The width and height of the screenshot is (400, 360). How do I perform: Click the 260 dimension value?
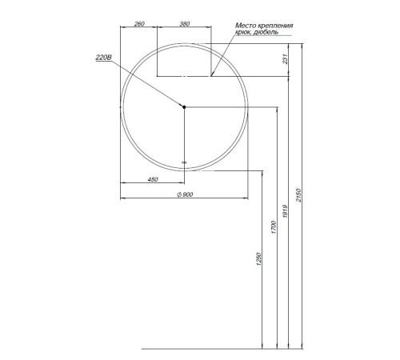139,24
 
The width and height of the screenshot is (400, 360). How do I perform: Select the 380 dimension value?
185,24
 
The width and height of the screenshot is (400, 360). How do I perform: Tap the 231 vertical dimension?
285,59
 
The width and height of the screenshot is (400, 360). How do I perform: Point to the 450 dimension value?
153,179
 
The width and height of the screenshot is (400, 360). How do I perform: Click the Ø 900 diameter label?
185,194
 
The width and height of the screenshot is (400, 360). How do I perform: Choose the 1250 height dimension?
258,259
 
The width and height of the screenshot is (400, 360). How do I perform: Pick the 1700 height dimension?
274,227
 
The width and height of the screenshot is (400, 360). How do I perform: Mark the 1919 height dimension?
285,211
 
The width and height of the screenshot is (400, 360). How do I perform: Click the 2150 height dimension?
298,195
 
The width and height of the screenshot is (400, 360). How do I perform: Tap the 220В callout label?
104,58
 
